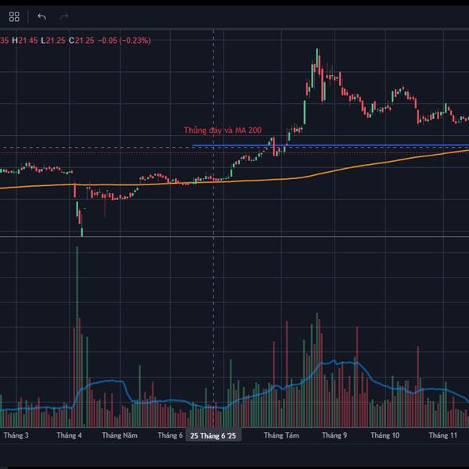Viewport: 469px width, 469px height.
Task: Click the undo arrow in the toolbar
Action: coord(41,16)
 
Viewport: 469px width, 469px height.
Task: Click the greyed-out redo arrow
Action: coord(64,16)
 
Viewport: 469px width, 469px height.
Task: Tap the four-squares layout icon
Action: coord(16,16)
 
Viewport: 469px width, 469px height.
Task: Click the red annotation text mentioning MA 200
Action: coord(223,131)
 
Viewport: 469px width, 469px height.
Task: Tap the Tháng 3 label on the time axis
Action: coord(16,435)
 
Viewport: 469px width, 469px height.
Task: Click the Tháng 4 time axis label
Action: coord(70,435)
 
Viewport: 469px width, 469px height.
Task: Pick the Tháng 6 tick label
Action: coord(170,435)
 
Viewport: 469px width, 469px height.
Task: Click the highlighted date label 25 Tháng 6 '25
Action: coord(213,436)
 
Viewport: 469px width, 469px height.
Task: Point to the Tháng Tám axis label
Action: coord(281,435)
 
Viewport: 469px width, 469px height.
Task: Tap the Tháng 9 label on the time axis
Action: coord(335,435)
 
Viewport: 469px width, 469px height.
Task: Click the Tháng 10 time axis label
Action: coord(385,435)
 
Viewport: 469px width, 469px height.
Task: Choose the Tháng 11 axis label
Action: coord(442,435)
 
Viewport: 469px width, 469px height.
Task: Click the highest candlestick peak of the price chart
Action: coord(317,51)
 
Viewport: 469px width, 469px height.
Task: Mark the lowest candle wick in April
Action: coord(81,232)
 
